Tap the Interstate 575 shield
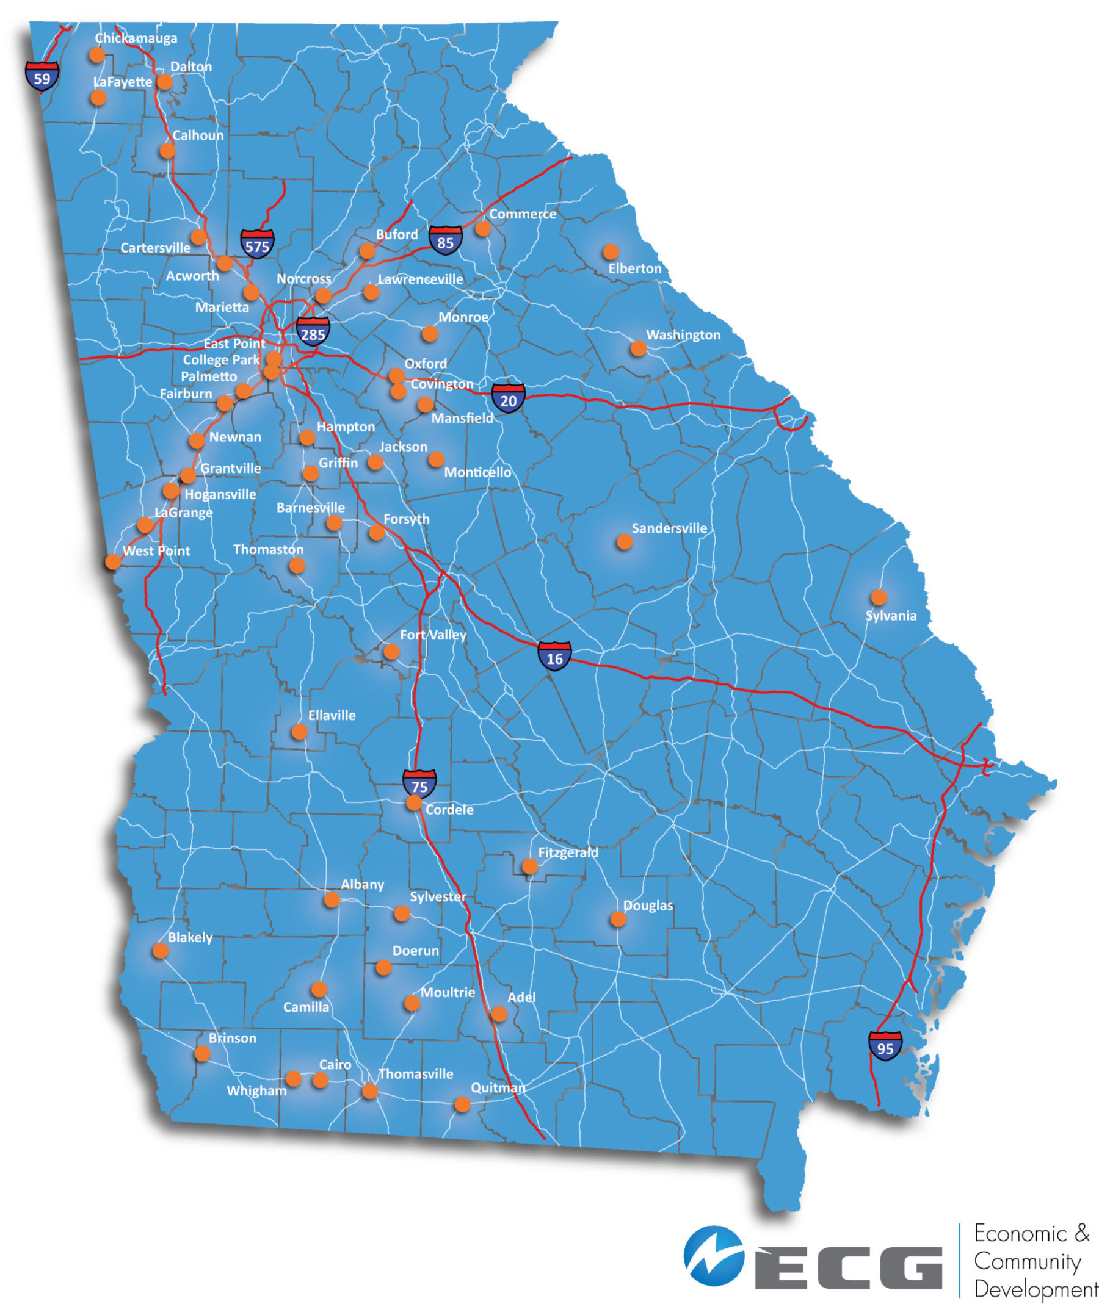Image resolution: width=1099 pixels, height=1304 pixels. click(256, 245)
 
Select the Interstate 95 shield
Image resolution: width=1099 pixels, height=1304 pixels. click(885, 1048)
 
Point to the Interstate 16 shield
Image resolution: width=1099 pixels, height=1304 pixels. click(554, 657)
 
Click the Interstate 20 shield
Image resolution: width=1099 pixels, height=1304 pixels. click(509, 399)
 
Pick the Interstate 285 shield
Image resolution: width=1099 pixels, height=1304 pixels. click(313, 333)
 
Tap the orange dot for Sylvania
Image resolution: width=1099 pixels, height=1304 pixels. click(879, 597)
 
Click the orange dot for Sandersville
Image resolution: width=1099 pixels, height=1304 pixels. click(624, 542)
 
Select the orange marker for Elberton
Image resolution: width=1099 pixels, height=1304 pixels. click(611, 251)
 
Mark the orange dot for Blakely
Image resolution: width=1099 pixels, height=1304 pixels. click(160, 950)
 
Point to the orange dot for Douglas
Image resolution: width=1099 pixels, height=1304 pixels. click(617, 919)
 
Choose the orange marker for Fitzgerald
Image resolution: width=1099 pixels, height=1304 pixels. click(529, 866)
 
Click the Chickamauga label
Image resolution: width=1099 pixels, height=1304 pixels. click(136, 38)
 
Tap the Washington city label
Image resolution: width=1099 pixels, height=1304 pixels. click(683, 335)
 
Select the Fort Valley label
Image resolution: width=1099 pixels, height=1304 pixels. click(433, 635)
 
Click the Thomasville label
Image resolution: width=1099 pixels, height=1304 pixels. click(416, 1073)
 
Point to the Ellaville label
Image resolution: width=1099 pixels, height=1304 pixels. click(332, 716)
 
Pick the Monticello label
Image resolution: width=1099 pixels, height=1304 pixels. click(477, 472)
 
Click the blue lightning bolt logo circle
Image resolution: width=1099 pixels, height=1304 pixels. click(713, 1255)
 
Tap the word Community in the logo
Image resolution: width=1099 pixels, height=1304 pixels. click(1027, 1261)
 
